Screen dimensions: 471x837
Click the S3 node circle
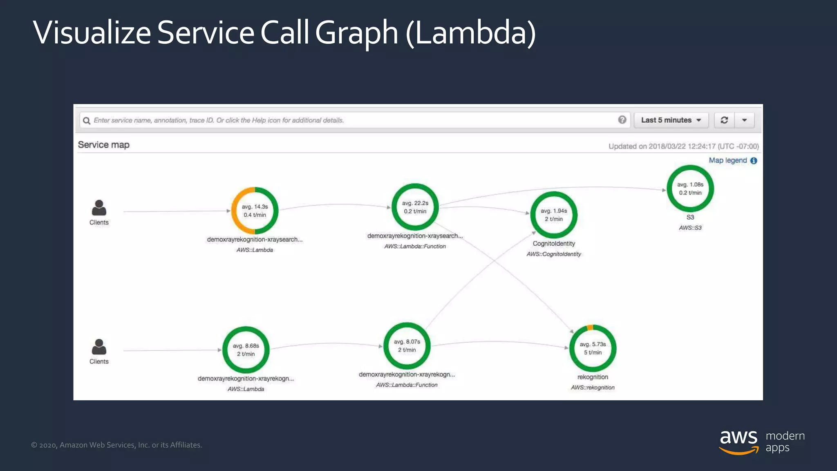click(690, 188)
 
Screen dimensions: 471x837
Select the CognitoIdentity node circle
click(553, 215)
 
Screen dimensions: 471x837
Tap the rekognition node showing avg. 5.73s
click(592, 348)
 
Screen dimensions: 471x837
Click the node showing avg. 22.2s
click(415, 207)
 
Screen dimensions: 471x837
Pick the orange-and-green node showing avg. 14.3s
click(255, 211)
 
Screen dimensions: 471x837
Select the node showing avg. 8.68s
click(246, 350)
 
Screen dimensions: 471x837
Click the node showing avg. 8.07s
click(407, 346)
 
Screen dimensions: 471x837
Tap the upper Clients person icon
click(99, 208)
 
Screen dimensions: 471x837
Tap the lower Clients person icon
click(99, 347)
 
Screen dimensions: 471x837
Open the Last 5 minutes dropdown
click(671, 120)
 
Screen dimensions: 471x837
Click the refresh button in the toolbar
click(724, 120)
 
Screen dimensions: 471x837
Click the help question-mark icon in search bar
click(622, 120)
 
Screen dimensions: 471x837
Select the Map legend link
click(728, 160)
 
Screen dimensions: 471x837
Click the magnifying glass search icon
click(86, 121)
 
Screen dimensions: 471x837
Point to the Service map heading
click(103, 145)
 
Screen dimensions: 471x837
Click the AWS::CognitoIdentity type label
click(553, 254)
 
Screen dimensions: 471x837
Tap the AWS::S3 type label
click(690, 228)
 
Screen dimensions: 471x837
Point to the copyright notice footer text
click(116, 445)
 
